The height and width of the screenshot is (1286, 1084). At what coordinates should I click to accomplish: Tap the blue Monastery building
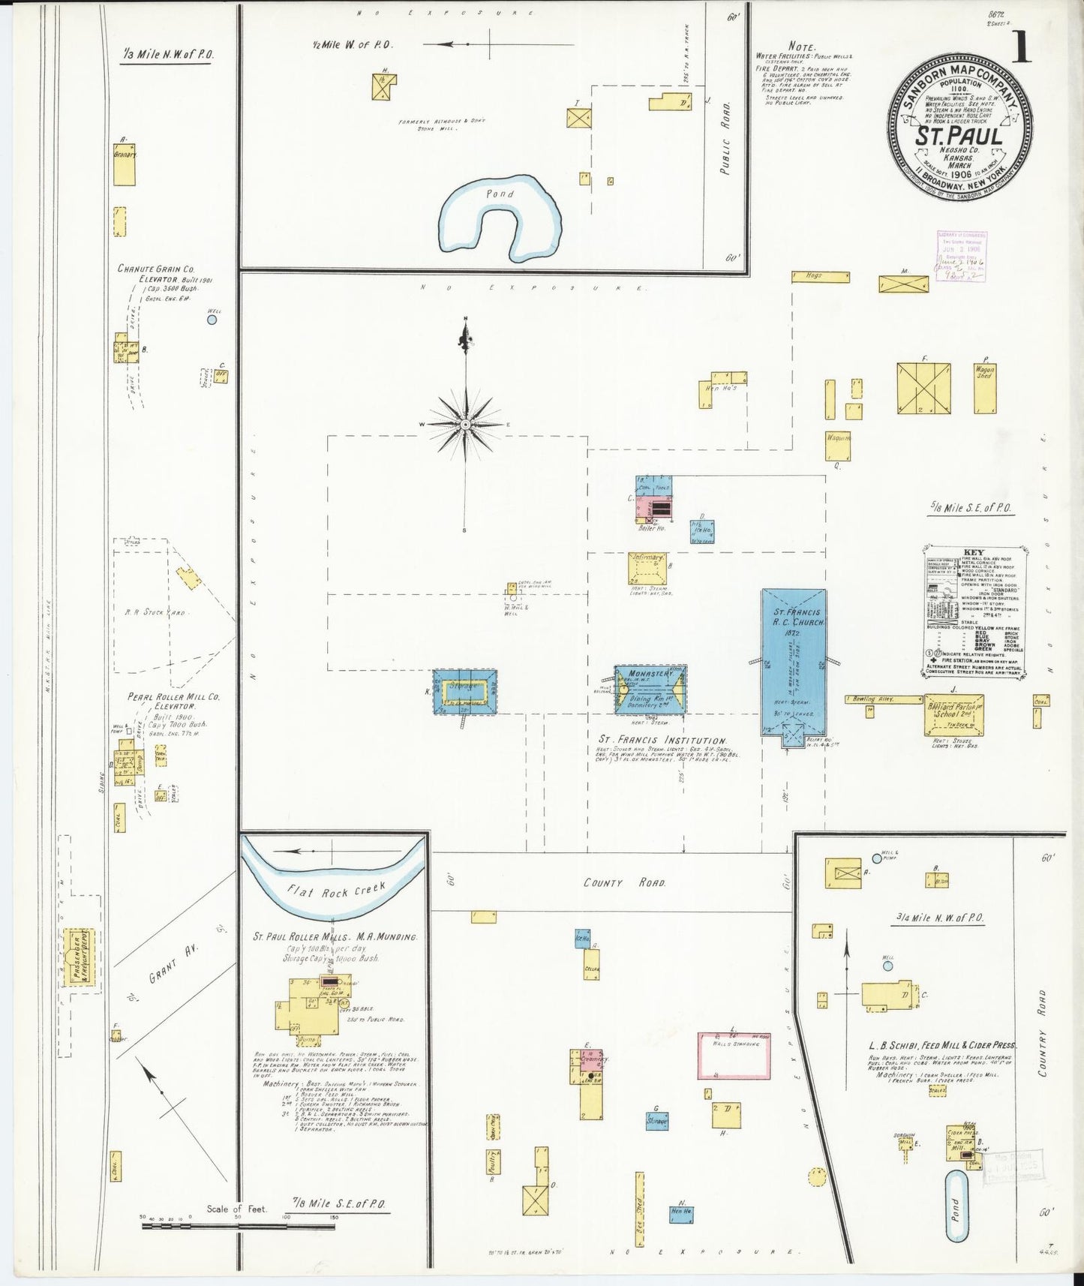pos(650,689)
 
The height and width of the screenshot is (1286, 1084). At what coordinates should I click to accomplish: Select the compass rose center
pos(466,425)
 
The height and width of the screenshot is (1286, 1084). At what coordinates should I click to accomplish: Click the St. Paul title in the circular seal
pos(958,137)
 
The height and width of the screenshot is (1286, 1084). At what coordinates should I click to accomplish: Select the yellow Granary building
pos(124,164)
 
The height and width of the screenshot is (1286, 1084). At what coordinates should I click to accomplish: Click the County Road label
pos(624,883)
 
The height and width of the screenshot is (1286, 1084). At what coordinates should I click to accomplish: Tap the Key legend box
pos(973,611)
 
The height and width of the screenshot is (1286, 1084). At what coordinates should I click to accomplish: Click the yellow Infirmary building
pos(647,569)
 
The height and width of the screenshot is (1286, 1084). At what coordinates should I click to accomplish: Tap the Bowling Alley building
pos(884,699)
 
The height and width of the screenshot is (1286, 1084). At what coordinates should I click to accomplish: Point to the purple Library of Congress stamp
pos(961,257)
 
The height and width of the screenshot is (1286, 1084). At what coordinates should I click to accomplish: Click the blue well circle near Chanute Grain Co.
pos(212,320)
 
